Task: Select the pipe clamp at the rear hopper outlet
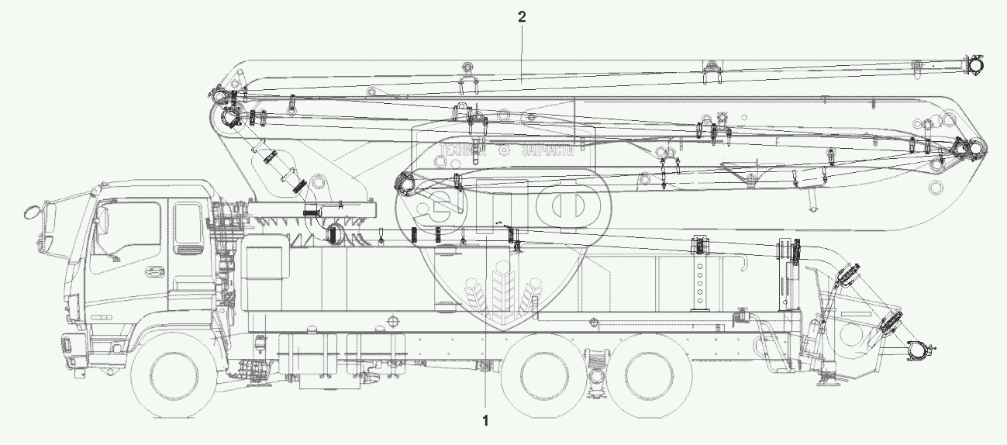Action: (x=916, y=352)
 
